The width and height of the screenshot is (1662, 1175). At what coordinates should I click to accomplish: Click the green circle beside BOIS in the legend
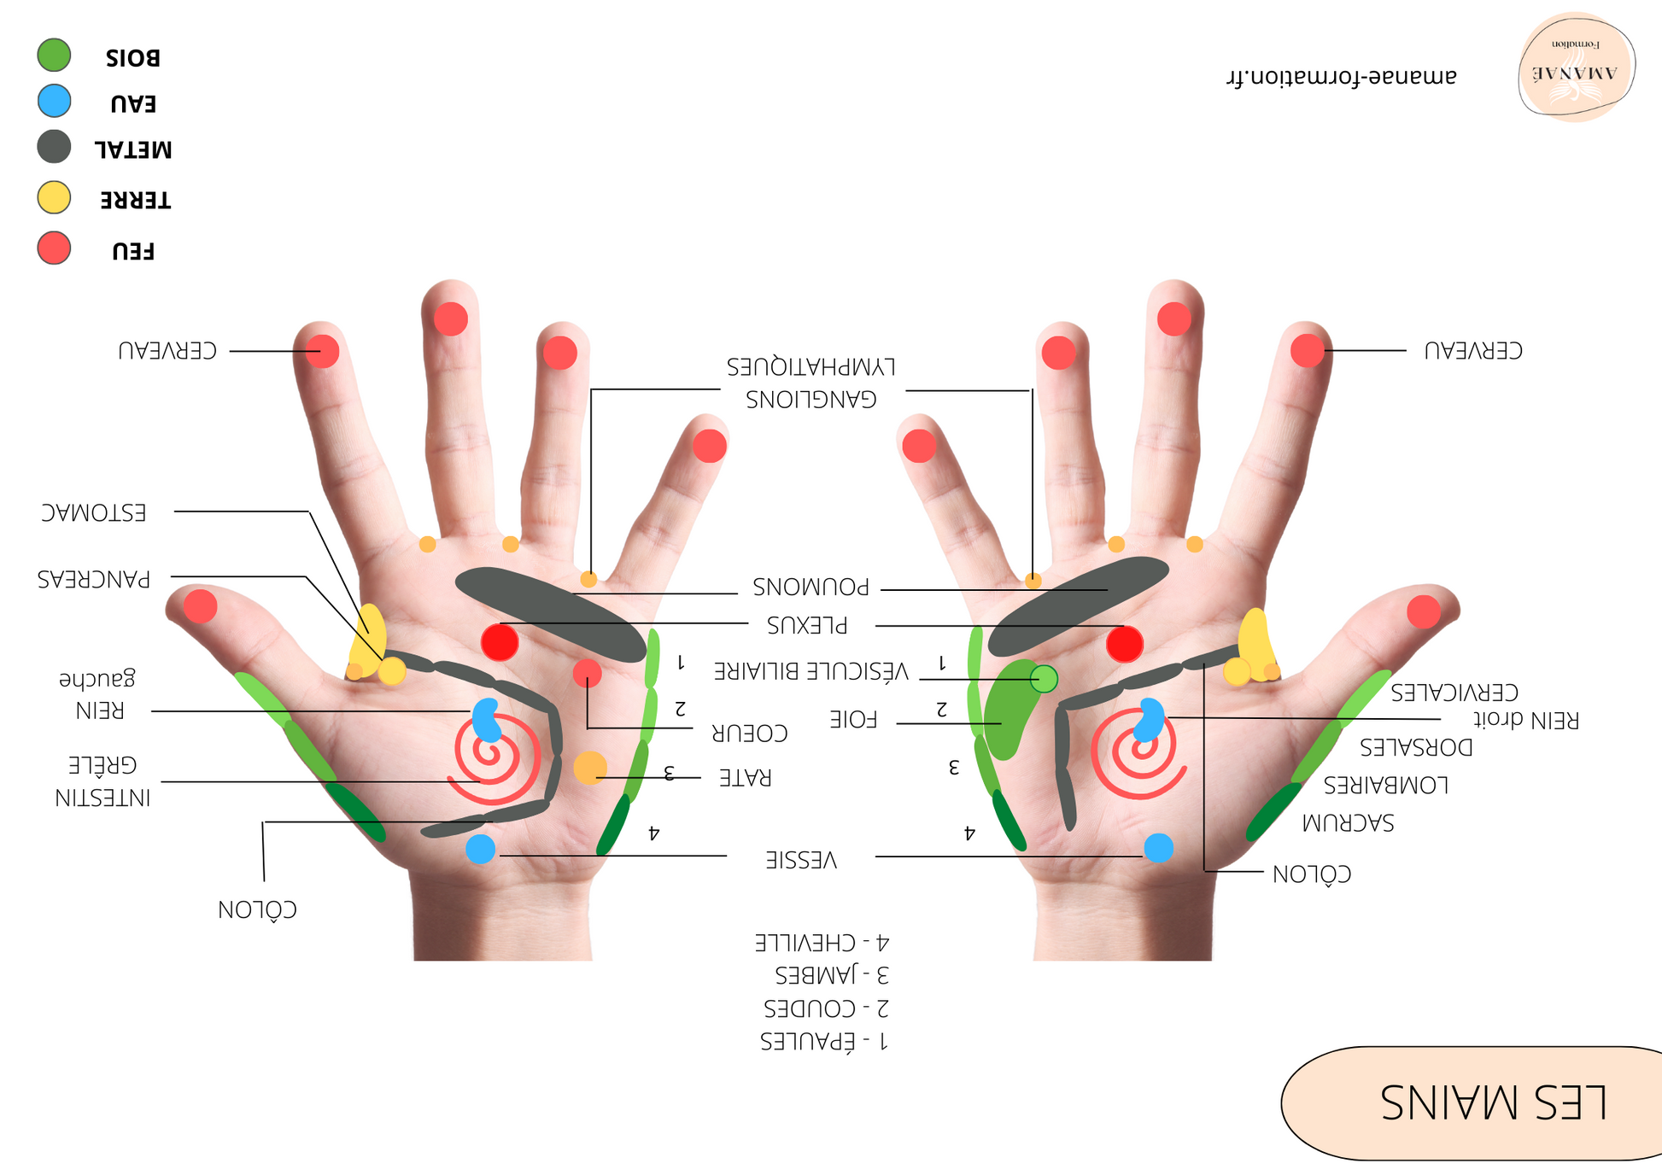(x=54, y=55)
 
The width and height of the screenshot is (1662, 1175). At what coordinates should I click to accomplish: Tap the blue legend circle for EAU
(x=54, y=101)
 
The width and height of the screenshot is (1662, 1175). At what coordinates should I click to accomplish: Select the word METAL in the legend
(x=133, y=150)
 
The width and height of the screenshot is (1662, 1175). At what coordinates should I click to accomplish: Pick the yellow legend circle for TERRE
(x=54, y=197)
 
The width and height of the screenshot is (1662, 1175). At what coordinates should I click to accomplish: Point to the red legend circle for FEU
(x=54, y=248)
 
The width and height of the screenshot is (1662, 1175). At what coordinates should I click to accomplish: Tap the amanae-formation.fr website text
(x=1341, y=77)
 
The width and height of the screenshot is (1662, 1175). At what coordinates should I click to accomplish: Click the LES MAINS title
(x=1494, y=1102)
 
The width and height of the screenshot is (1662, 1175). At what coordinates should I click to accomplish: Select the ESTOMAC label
(x=94, y=513)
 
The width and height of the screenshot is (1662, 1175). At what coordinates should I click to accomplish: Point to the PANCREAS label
(x=94, y=580)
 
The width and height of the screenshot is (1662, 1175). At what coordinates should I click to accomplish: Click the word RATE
(x=745, y=778)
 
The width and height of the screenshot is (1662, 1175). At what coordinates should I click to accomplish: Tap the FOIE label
(x=853, y=720)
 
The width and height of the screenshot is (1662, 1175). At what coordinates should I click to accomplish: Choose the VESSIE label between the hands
(x=801, y=860)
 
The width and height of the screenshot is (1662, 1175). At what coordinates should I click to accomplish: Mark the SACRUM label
(x=1348, y=823)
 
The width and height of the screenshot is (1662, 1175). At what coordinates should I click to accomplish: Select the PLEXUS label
(x=807, y=626)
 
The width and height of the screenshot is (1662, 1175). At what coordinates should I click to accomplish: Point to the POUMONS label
(x=811, y=587)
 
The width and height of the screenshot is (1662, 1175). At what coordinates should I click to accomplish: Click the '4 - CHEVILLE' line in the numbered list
(x=822, y=944)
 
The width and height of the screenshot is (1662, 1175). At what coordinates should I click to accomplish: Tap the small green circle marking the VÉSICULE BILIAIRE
(x=1044, y=679)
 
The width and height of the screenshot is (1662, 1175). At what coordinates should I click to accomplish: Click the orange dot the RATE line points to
(x=590, y=769)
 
